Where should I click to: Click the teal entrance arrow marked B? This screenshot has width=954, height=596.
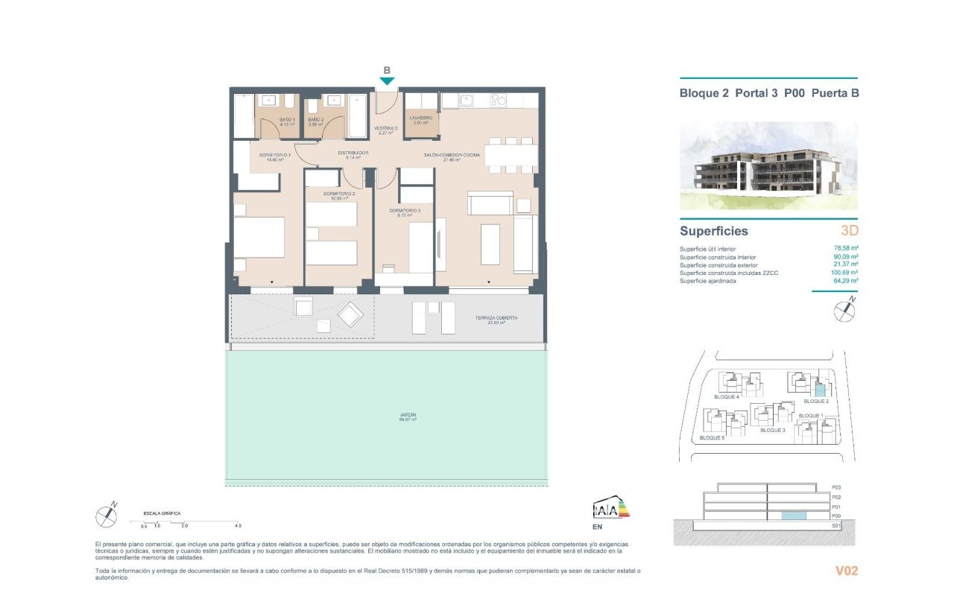387,80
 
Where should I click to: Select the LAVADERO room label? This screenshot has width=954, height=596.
421,118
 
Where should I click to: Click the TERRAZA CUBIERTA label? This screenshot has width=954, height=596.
496,318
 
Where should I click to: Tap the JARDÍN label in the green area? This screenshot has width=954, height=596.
407,415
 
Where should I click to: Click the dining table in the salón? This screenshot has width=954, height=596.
511,154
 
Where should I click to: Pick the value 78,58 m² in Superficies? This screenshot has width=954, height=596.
846,249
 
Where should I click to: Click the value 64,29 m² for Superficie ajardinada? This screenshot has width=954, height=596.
846,281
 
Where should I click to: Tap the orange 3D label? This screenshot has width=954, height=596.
849,231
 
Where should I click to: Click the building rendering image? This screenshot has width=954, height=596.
768,166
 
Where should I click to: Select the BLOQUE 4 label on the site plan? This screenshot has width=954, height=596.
726,397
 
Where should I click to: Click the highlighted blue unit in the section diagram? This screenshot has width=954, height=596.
792,516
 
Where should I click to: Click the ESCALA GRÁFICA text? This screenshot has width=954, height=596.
162,513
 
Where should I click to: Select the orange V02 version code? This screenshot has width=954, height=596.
847,571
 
